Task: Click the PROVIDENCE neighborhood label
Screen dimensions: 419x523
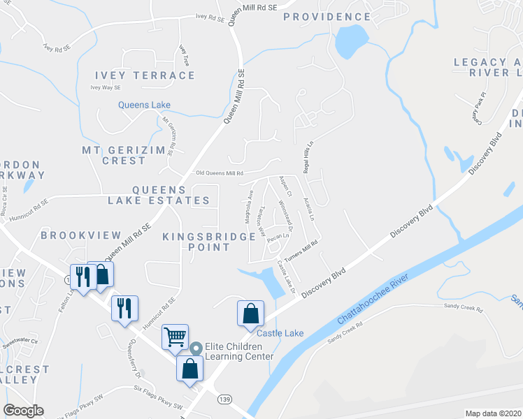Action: coord(327,16)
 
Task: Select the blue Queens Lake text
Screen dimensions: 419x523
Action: coord(144,105)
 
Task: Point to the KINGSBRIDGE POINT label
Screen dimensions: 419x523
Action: coord(208,242)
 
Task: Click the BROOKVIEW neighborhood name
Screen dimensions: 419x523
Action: coord(80,235)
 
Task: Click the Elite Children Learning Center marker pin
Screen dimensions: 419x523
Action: coord(196,347)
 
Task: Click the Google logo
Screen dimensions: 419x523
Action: coord(23,411)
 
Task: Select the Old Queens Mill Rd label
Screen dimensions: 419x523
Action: coord(219,173)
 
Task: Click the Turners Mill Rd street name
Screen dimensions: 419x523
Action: coord(305,248)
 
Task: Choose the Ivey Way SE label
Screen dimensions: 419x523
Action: coord(106,87)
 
